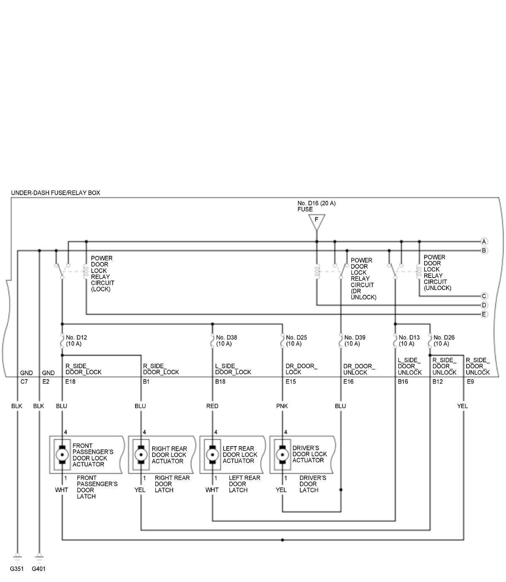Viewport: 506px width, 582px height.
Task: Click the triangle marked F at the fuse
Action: (316, 221)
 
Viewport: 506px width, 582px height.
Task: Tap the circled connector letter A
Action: (484, 242)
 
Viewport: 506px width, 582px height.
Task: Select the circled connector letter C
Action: (484, 296)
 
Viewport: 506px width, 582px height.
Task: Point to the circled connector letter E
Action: (484, 314)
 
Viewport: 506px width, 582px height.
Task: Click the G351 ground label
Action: (17, 569)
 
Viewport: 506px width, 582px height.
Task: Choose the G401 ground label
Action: (39, 569)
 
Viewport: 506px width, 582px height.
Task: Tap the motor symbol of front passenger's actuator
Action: (62, 454)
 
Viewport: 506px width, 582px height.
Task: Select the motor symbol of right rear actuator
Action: (140, 454)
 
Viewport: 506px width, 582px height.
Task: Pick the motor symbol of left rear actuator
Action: (212, 454)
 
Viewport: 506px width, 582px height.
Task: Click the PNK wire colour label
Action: (282, 406)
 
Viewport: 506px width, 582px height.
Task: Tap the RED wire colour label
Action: (212, 406)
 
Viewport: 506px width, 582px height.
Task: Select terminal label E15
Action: (291, 382)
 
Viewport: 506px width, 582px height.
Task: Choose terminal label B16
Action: (403, 382)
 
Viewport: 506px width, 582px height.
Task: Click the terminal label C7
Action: (24, 382)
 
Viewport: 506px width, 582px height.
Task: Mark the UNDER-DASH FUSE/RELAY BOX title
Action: (56, 193)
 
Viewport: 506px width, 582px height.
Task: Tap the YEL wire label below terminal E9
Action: (463, 406)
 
